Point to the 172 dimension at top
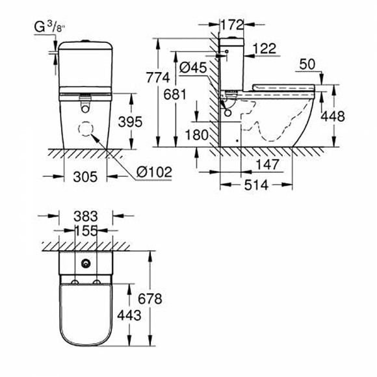tap(231, 25)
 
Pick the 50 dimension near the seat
tap(308, 64)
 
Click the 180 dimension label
tap(196, 135)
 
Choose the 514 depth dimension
tap(257, 185)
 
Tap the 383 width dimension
tap(85, 216)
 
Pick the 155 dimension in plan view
tap(84, 230)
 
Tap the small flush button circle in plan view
tap(85, 265)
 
